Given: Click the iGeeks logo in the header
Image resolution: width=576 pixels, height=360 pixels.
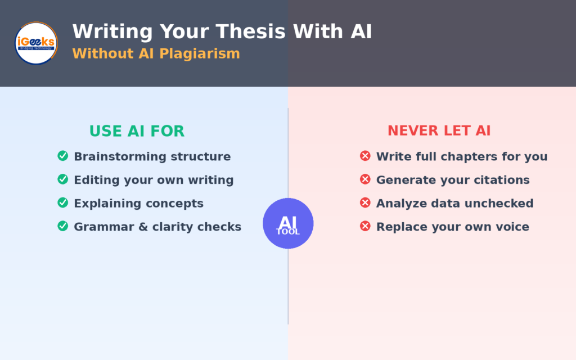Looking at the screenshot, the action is (36, 43).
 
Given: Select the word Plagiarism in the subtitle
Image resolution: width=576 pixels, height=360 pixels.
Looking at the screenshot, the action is (200, 53).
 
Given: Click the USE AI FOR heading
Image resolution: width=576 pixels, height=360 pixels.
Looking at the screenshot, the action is (137, 131).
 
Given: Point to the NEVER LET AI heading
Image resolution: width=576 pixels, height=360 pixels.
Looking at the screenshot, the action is (439, 130).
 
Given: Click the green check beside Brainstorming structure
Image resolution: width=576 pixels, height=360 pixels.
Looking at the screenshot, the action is (63, 156).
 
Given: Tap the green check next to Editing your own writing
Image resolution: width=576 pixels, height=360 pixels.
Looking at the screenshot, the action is (63, 179).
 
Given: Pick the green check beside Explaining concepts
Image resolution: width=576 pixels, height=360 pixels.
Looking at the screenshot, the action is (63, 202).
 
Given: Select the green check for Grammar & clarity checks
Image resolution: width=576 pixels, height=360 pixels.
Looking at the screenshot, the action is (63, 226).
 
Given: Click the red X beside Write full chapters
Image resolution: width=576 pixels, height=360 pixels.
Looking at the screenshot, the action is (365, 156).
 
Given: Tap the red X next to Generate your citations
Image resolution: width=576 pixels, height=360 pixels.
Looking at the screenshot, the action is (365, 179).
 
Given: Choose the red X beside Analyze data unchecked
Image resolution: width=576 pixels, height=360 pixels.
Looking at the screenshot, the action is (365, 202).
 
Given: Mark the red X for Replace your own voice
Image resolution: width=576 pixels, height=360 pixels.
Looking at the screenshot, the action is (365, 226).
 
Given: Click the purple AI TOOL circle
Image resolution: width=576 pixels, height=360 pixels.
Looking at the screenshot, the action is (288, 223).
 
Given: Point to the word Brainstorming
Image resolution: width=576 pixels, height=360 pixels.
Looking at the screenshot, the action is (120, 157).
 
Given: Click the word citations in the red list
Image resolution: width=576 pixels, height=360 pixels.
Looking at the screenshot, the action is (502, 180).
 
